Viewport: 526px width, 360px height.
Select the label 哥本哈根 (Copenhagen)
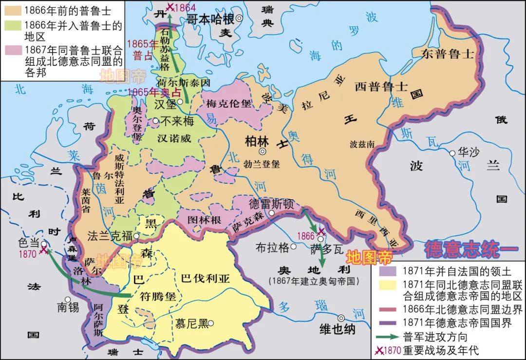[211, 19]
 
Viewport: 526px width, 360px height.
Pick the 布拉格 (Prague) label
[272, 247]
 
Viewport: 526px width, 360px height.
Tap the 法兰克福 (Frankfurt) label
[110, 236]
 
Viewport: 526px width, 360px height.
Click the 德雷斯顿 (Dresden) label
[271, 204]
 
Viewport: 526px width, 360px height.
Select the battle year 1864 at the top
[185, 7]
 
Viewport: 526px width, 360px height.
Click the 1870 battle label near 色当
[28, 254]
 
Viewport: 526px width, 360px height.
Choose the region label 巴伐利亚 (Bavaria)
[205, 279]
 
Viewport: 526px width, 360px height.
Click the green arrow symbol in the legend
[388, 337]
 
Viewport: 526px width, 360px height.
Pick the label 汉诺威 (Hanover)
[174, 138]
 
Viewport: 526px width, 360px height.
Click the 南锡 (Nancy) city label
[68, 307]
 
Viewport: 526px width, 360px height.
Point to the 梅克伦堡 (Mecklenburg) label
[228, 104]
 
